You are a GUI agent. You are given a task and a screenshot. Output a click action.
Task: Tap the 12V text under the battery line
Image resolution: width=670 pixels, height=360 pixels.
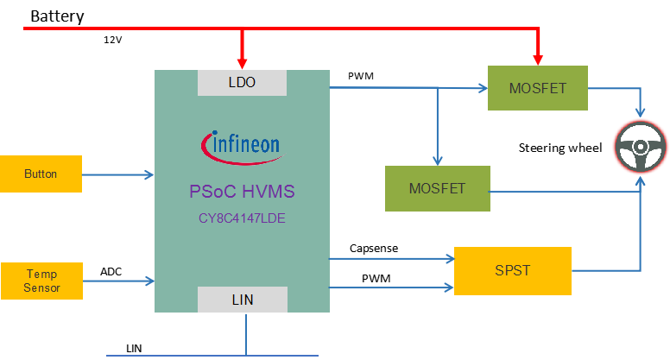point(113,39)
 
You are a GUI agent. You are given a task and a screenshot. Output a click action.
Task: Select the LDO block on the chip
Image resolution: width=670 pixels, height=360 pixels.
point(242,83)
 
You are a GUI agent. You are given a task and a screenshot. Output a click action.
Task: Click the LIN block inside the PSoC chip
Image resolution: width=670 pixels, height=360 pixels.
point(242,299)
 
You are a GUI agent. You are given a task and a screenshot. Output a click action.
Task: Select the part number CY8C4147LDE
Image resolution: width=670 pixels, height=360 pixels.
point(242,218)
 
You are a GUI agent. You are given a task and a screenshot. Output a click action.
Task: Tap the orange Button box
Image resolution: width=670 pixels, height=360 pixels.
point(41,174)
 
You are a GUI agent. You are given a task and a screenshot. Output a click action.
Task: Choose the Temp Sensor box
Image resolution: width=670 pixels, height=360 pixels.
point(41,281)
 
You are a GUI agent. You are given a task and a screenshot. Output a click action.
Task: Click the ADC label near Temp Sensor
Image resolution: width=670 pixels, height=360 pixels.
point(111,272)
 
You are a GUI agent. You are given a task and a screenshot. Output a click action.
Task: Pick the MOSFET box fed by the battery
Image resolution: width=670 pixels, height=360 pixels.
point(538,86)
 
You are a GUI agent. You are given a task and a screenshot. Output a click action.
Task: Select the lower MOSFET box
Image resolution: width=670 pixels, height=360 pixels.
point(437,188)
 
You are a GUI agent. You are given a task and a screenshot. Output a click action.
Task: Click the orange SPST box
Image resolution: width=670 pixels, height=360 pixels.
point(512,270)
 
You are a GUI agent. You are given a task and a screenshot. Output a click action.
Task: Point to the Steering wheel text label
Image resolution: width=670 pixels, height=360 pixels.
point(559,148)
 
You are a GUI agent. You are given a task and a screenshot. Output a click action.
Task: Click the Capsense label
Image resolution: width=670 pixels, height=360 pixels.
point(374,248)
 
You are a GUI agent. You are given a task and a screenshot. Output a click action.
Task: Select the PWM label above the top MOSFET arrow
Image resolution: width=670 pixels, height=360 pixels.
point(360,77)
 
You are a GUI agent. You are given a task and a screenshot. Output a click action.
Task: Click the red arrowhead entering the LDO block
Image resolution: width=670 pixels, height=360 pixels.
point(243,63)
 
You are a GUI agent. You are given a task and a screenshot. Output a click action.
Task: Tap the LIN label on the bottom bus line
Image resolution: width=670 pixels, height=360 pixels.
point(134,347)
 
